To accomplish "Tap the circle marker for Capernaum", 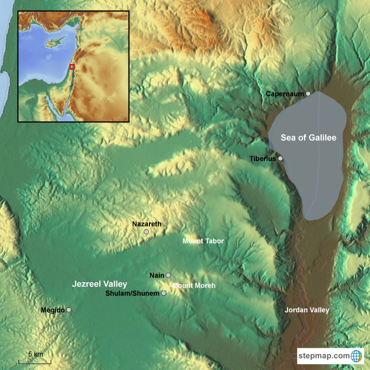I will pyautogui.click(x=308, y=93).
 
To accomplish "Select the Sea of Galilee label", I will pyautogui.click(x=308, y=138).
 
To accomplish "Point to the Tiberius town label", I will pyautogui.click(x=263, y=159).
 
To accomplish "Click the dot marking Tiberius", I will pyautogui.click(x=280, y=158).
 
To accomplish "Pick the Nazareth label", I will pyautogui.click(x=146, y=224).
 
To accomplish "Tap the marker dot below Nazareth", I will pyautogui.click(x=146, y=232).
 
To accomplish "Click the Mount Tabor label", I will pyautogui.click(x=203, y=241).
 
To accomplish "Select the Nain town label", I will pyautogui.click(x=157, y=275).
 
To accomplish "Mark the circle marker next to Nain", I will pyautogui.click(x=168, y=275).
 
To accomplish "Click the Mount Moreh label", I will pyautogui.click(x=194, y=286).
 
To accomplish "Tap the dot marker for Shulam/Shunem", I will pyautogui.click(x=164, y=293).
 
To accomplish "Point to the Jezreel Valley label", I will pyautogui.click(x=99, y=284).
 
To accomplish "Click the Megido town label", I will pyautogui.click(x=53, y=310).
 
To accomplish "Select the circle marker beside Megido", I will pyautogui.click(x=69, y=310).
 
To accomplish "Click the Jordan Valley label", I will pyautogui.click(x=306, y=310).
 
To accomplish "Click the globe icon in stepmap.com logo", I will pyautogui.click(x=357, y=356).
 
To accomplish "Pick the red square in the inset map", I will pyautogui.click(x=72, y=66).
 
